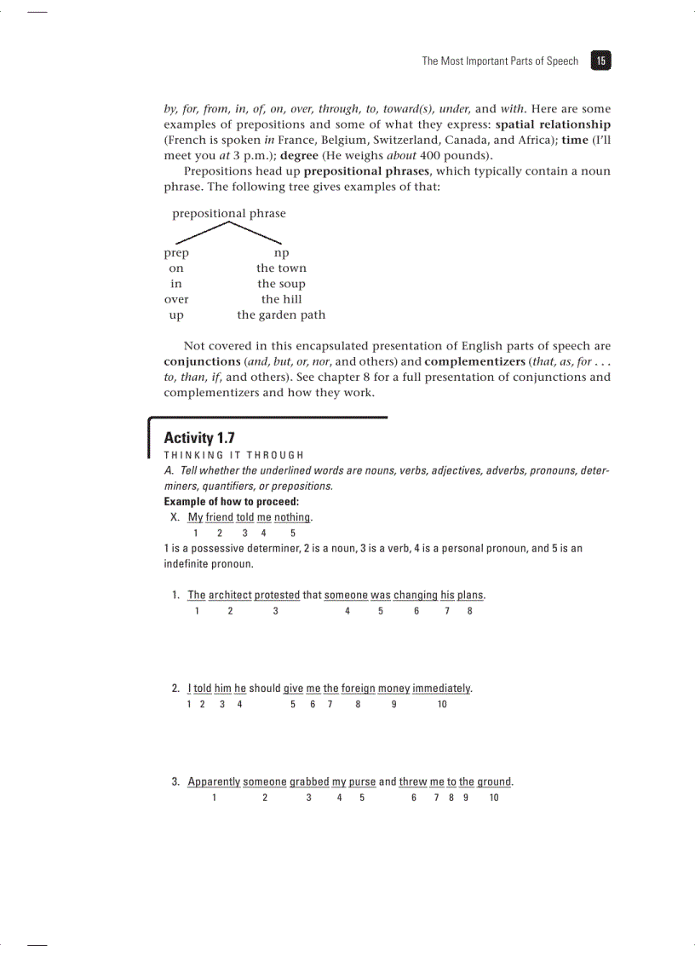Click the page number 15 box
pos(601,61)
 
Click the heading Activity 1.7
pos(198,438)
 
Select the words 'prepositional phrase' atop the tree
pos(229,213)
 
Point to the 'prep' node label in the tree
pos(176,253)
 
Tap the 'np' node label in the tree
pos(281,253)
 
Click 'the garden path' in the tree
pos(281,314)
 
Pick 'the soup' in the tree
pos(281,284)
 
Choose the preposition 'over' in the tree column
pos(176,299)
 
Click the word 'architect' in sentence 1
pos(230,595)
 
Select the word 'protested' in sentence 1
pos(277,595)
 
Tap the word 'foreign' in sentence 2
pos(358,689)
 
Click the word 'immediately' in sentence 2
pos(442,689)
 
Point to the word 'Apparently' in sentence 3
pos(214,782)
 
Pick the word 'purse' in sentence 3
pos(362,782)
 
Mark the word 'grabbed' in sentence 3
pos(309,782)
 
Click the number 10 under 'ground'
pos(494,798)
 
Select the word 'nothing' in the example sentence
pos(292,518)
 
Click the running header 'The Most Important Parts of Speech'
pos(500,61)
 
